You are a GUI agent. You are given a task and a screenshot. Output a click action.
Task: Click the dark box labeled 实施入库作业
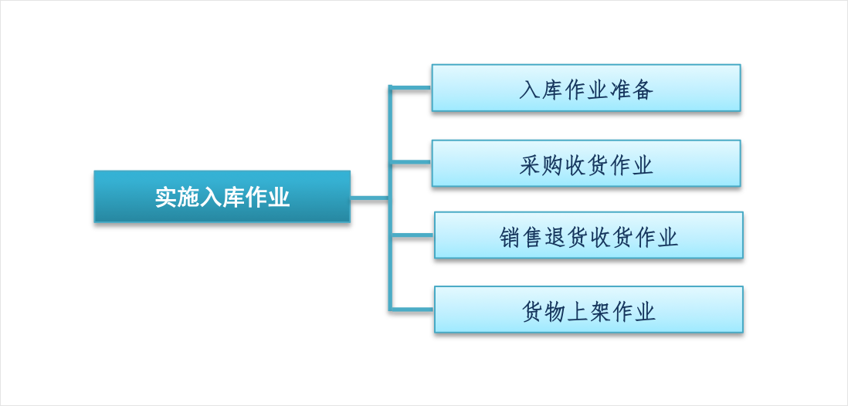click(222, 197)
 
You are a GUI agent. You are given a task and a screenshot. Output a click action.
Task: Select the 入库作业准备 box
click(585, 88)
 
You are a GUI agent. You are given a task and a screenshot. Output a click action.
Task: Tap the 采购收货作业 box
click(585, 164)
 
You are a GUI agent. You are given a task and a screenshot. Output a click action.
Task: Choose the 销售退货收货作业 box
click(589, 235)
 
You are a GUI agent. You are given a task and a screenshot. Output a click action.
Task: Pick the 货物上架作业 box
click(589, 310)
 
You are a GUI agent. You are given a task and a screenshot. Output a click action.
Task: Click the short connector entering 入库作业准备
click(410, 86)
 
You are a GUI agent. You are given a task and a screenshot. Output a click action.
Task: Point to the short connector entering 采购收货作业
click(410, 161)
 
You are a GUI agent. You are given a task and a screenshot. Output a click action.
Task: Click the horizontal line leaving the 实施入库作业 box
click(369, 198)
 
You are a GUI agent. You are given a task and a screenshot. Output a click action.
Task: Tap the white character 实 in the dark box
click(166, 198)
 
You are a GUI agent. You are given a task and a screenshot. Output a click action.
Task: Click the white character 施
click(188, 198)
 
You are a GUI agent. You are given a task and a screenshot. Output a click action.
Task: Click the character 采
click(530, 165)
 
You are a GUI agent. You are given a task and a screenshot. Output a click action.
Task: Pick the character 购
click(552, 165)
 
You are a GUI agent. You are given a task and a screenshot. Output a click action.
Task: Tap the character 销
click(510, 237)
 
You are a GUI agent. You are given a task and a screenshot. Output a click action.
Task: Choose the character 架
click(599, 311)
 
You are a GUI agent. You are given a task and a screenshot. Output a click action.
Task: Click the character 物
click(555, 311)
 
